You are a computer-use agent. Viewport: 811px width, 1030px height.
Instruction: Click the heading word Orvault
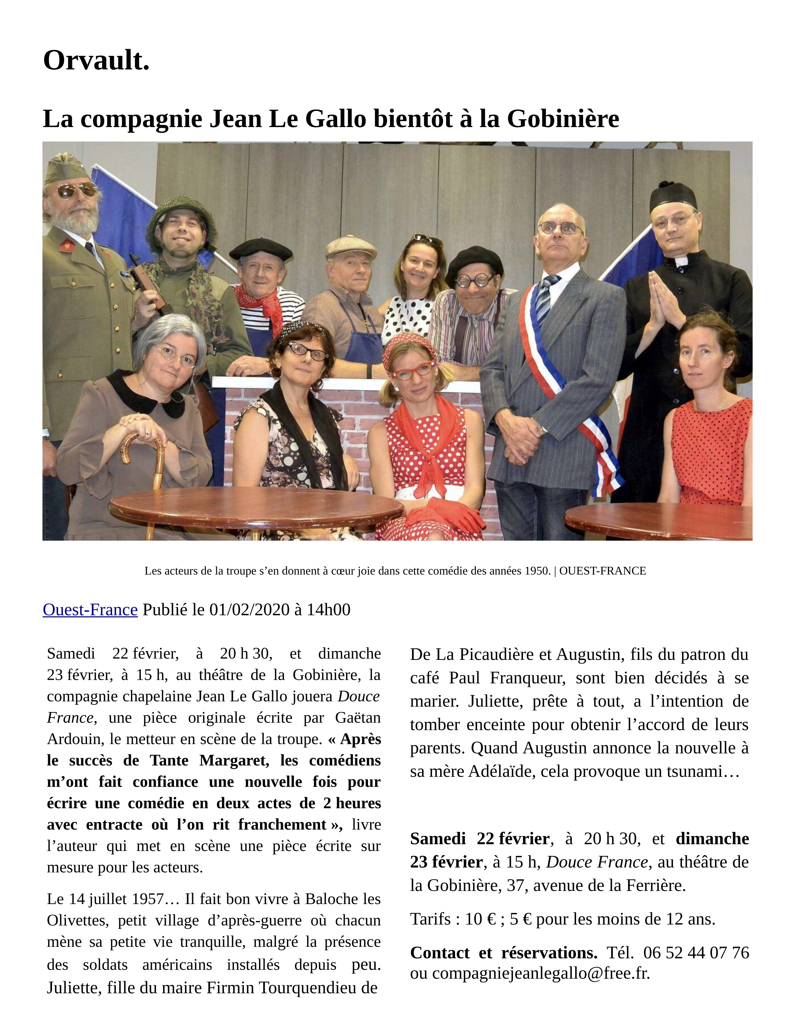tap(96, 61)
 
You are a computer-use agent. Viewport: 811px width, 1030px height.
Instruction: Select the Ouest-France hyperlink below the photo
tap(90, 609)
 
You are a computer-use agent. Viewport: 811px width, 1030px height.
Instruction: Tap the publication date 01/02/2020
tap(249, 609)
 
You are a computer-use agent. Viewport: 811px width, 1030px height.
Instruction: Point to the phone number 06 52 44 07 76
tap(696, 952)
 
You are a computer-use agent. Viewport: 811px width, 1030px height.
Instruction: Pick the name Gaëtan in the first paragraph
tap(357, 718)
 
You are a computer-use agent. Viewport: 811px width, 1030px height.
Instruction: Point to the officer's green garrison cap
tap(66, 167)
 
